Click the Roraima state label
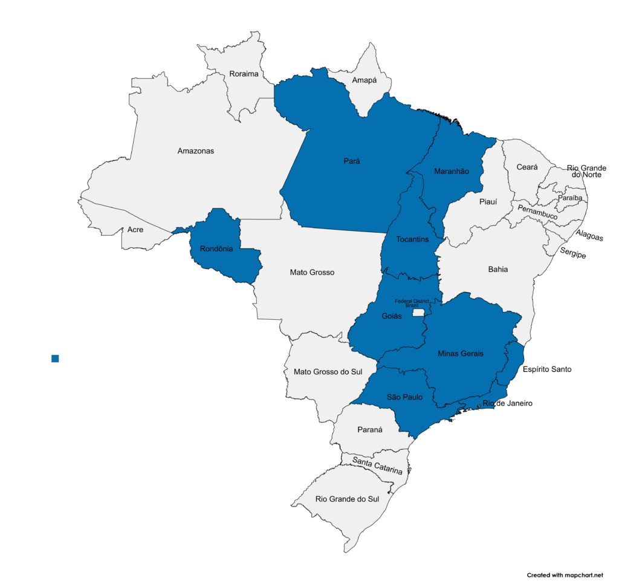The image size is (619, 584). tap(244, 74)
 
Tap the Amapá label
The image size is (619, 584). tap(364, 80)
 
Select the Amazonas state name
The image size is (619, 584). tap(196, 151)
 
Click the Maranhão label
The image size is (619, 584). tap(452, 172)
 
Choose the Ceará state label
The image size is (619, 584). tap(527, 167)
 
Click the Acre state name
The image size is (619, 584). tap(135, 230)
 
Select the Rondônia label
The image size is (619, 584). tap(216, 248)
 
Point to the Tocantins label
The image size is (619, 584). tap(412, 239)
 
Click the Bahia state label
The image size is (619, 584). tap(498, 269)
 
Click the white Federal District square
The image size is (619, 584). tap(418, 314)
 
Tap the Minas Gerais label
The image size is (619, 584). tap(461, 354)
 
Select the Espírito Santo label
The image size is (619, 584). tap(547, 369)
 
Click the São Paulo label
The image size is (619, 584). tap(404, 397)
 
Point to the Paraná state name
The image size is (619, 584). tap(370, 431)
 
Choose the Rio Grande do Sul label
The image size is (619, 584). tap(347, 499)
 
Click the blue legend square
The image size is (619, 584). tap(55, 359)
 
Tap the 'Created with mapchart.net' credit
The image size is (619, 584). tap(565, 575)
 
